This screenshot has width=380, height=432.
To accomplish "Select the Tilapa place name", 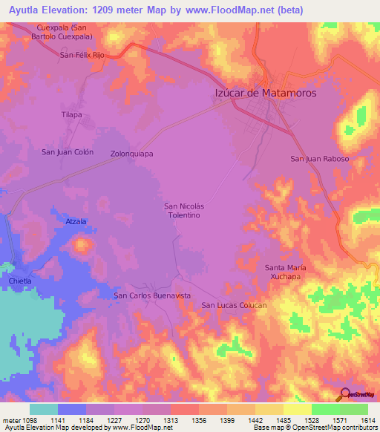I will pyautogui.click(x=72, y=116).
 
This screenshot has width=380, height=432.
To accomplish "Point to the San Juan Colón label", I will pyautogui.click(x=68, y=151).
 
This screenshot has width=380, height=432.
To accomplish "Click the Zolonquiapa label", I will pyautogui.click(x=131, y=154).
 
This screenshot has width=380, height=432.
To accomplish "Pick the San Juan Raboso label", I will pyautogui.click(x=319, y=159).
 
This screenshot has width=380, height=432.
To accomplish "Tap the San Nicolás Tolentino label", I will pyautogui.click(x=182, y=210).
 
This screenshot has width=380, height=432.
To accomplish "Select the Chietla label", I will pyautogui.click(x=20, y=281).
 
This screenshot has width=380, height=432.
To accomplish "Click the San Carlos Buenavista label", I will pyautogui.click(x=152, y=295).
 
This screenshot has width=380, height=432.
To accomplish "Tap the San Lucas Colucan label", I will pyautogui.click(x=234, y=305).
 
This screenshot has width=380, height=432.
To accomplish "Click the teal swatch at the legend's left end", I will pyautogui.click(x=43, y=409).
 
